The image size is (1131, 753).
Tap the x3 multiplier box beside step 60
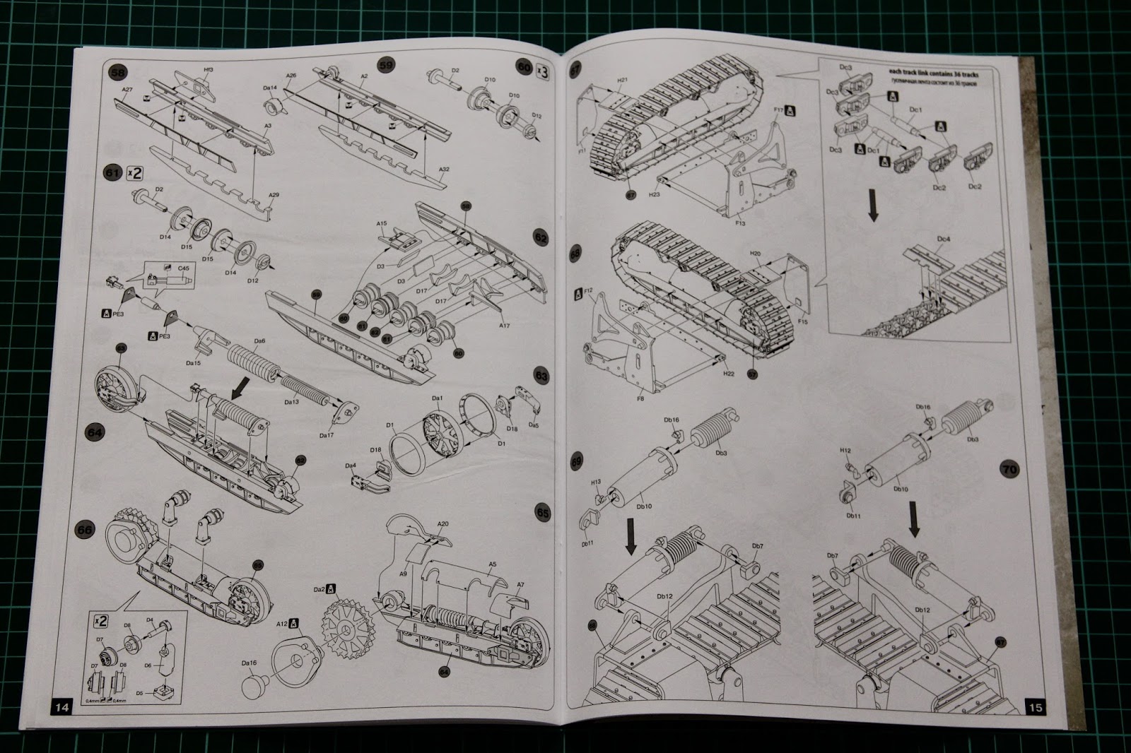point(542,70)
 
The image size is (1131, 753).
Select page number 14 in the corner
point(61,707)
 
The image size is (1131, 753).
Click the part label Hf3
point(208,70)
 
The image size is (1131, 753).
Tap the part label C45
point(183,268)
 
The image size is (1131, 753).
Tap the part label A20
point(443,524)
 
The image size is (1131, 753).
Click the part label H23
point(654,194)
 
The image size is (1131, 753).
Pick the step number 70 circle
point(1009,468)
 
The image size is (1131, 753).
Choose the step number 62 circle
point(541,238)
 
